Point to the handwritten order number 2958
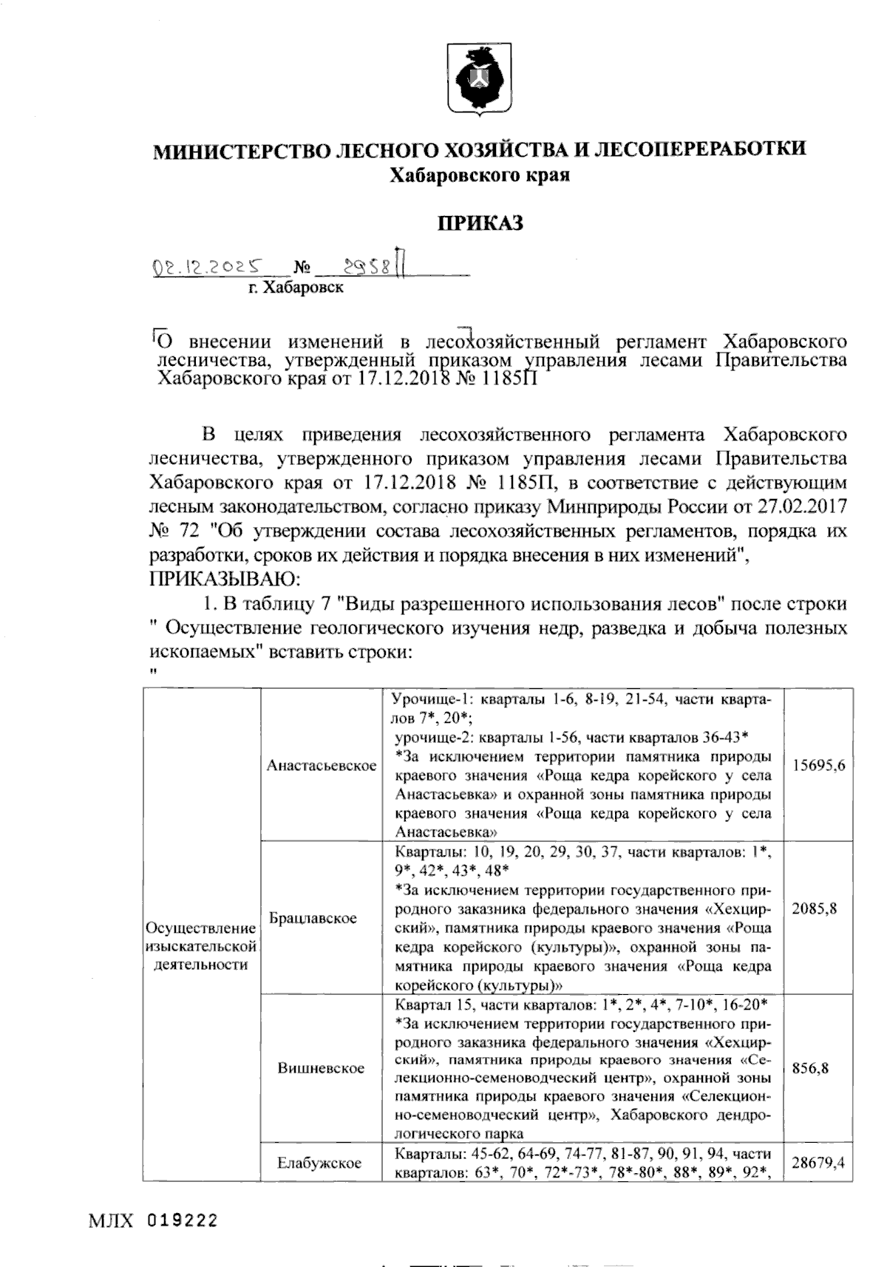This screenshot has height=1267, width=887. pyautogui.click(x=363, y=266)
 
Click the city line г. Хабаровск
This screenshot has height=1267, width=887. pyautogui.click(x=296, y=288)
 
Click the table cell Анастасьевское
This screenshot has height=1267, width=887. pyautogui.click(x=322, y=766)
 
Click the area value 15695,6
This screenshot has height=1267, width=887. pyautogui.click(x=818, y=766)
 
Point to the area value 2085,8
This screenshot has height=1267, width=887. pyautogui.click(x=815, y=909)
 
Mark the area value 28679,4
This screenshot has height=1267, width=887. pyautogui.click(x=818, y=1164)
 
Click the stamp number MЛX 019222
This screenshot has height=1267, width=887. pyautogui.click(x=154, y=1221)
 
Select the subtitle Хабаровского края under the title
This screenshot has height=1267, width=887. pyautogui.click(x=480, y=174)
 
